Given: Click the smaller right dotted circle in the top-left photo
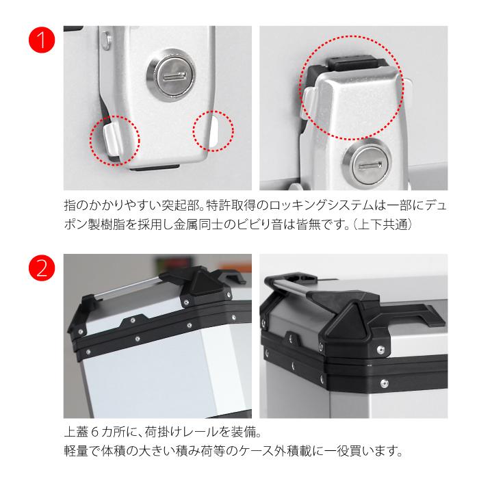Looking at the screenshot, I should pyautogui.click(x=213, y=129).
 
